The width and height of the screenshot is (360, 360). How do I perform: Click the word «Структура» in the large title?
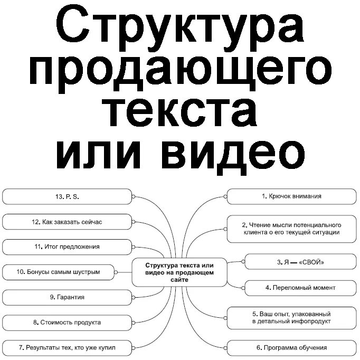180,26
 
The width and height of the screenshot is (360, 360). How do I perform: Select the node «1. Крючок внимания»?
291,196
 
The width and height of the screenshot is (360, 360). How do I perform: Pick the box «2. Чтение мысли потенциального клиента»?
291,229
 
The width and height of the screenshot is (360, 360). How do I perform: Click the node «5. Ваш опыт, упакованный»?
291,317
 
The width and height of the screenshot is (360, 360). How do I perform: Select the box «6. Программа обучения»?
291,348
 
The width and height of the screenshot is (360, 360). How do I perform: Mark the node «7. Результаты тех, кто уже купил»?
67,348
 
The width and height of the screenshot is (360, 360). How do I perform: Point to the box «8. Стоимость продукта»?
67,323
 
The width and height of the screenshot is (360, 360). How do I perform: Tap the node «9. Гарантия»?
67,298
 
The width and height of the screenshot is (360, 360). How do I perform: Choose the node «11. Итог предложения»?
67,247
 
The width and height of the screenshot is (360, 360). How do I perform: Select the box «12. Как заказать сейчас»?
67,222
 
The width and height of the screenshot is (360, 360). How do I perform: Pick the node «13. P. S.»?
67,196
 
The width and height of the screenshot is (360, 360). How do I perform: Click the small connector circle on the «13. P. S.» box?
133,196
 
